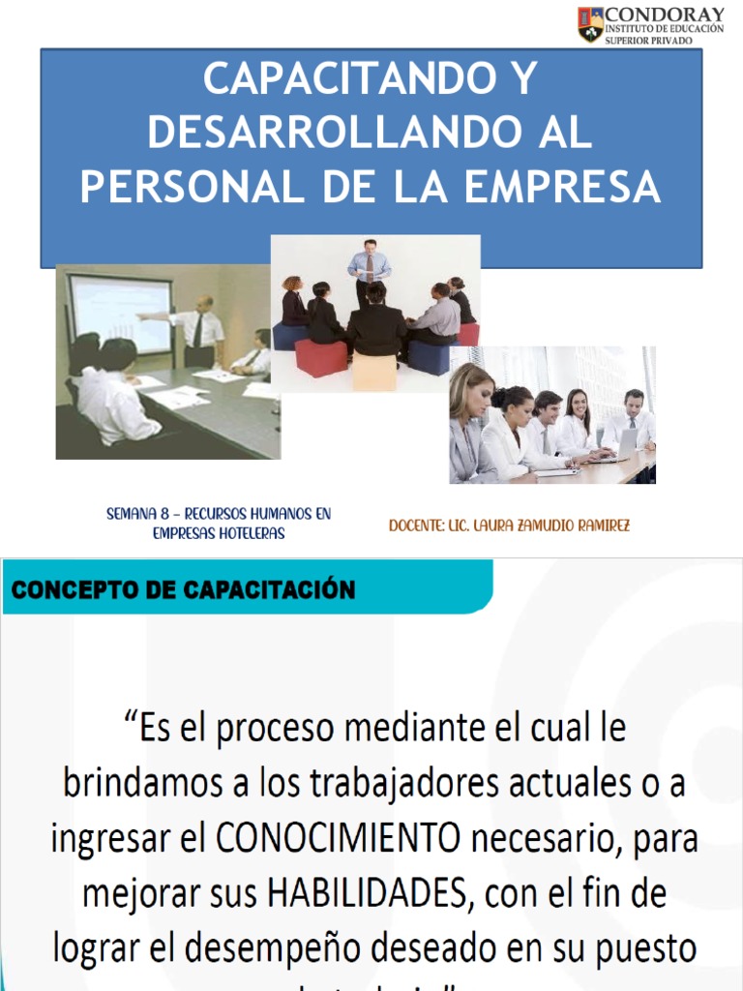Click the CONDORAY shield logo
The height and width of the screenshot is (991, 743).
coord(590,25)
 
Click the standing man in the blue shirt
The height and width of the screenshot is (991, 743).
coord(370,270)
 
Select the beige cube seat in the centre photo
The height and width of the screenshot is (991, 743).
coord(374,372)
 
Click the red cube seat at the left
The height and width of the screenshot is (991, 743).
coord(321,357)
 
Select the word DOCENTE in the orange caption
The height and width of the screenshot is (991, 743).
coord(416,526)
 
